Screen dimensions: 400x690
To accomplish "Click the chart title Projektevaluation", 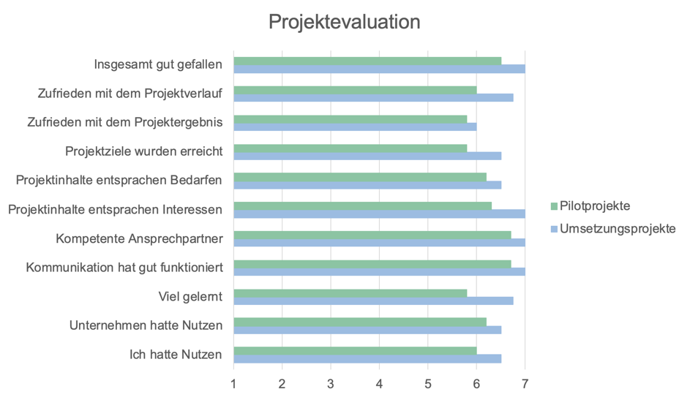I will click(344, 22).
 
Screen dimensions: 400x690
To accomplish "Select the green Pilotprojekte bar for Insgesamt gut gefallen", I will click(367, 61).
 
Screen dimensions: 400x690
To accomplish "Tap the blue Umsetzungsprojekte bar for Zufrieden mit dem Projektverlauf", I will click(373, 97).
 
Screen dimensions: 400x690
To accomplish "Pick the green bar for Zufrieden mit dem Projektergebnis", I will click(350, 118).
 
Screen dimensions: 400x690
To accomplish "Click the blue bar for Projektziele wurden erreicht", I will click(367, 156).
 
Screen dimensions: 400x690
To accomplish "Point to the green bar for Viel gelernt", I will click(350, 293).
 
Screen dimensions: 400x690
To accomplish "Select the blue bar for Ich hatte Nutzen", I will click(367, 358).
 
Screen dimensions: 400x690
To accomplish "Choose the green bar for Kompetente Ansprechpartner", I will click(372, 235).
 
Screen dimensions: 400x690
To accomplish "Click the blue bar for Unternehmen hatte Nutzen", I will click(367, 329).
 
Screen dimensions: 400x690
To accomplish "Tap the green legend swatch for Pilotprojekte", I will click(554, 207).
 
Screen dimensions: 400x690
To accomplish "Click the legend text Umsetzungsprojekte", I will click(618, 229).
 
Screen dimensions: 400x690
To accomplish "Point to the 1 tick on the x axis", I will click(233, 383).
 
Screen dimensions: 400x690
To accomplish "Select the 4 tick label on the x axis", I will click(379, 383).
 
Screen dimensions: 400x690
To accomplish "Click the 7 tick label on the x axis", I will click(525, 383).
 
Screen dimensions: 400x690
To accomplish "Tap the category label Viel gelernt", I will click(190, 296).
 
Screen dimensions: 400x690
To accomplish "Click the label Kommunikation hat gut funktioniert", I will click(124, 268).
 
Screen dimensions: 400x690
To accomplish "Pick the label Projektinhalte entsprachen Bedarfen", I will click(119, 181).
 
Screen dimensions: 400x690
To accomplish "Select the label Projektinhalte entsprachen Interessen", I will click(115, 210).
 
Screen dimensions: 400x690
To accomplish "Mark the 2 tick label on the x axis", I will click(282, 383).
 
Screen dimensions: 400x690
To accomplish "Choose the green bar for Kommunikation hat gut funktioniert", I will click(372, 263).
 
